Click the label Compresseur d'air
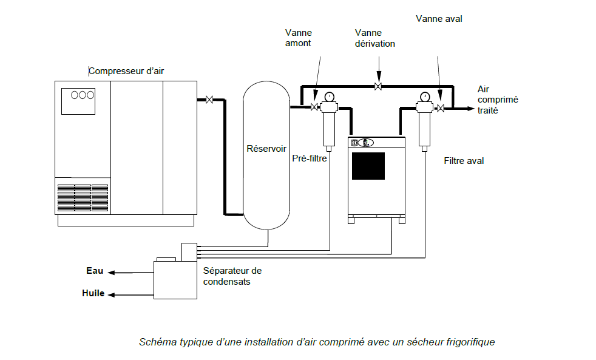(126, 71)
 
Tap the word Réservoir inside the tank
(266, 149)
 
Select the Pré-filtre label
(310, 158)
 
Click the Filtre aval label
(464, 161)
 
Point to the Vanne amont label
(299, 38)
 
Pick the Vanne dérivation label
(375, 38)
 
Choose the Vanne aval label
(439, 19)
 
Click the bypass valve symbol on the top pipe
(378, 86)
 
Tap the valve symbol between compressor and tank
(209, 100)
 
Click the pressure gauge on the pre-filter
(330, 97)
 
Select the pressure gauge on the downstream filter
(425, 97)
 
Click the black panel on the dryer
(368, 166)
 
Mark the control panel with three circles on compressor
(78, 101)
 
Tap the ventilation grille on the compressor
(83, 198)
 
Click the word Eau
(95, 271)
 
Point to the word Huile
(93, 293)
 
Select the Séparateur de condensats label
(232, 276)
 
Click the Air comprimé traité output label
(498, 100)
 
